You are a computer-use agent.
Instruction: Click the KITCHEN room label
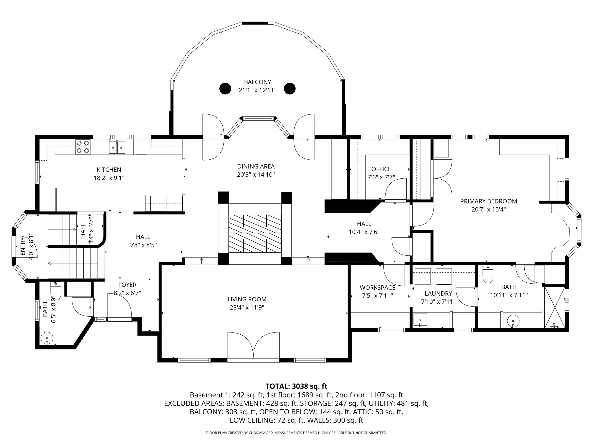click(109, 169)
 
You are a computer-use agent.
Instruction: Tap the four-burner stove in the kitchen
click(83, 147)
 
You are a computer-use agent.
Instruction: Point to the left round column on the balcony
click(225, 89)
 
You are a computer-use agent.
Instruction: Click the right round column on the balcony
click(290, 89)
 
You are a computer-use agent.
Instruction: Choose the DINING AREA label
click(256, 166)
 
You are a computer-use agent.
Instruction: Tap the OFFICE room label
click(381, 169)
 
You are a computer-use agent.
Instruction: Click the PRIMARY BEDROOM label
click(489, 201)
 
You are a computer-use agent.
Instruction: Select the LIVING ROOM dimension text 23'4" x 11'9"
click(247, 307)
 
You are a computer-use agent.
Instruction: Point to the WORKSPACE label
click(378, 288)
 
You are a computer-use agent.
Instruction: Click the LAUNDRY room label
click(438, 294)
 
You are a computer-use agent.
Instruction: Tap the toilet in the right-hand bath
click(488, 274)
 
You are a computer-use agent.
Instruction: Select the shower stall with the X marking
click(555, 307)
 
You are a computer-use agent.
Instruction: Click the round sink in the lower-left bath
click(47, 337)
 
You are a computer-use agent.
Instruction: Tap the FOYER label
click(127, 285)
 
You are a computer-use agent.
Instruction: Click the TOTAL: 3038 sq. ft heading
click(296, 386)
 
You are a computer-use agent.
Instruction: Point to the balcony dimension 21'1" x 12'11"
click(257, 90)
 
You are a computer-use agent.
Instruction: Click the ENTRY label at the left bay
click(23, 246)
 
